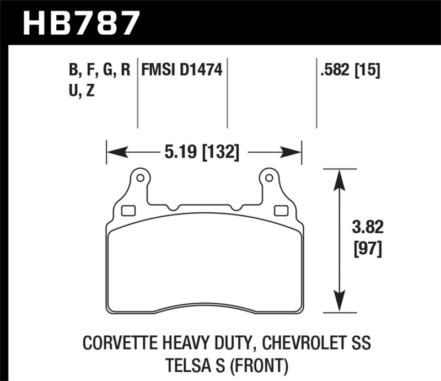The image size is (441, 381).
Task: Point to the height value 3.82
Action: (364, 227)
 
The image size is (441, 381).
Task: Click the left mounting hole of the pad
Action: (139, 178)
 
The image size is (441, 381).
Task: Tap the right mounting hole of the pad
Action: (268, 178)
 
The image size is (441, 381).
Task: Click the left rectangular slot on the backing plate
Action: (128, 210)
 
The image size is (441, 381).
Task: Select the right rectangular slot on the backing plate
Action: (280, 210)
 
